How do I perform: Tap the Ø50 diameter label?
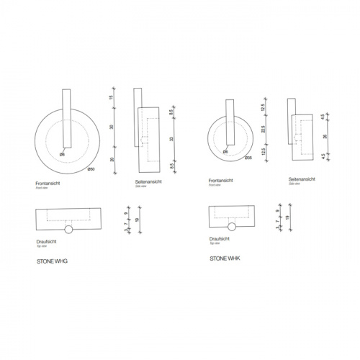pos(91,170)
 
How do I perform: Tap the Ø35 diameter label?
pos(248,158)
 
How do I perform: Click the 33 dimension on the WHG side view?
pos(171,139)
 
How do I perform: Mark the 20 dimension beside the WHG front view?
pos(113,159)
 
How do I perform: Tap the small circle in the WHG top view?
pos(68,230)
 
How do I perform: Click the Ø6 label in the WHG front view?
pos(63,155)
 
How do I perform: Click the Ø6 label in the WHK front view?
pos(225,152)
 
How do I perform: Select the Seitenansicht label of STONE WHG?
pos(148,184)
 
